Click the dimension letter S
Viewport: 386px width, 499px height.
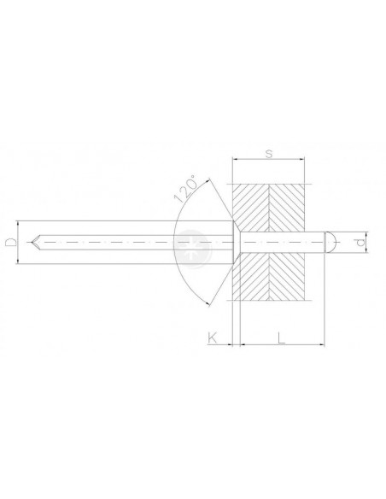click(x=269, y=154)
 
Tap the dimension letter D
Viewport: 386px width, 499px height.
click(x=11, y=242)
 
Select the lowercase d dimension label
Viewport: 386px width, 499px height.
click(x=360, y=243)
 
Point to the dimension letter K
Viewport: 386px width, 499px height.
click(x=212, y=338)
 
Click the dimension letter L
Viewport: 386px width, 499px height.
click(x=281, y=338)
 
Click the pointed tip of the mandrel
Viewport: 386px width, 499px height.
click(x=32, y=242)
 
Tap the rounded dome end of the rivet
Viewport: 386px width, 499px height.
click(x=330, y=243)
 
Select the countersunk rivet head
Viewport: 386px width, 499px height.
click(x=236, y=242)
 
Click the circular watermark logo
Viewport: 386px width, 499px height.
click(x=192, y=249)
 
